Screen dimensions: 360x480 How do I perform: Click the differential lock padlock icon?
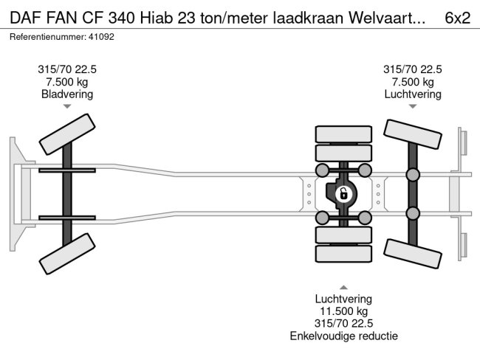[343, 194]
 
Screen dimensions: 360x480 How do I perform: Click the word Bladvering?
[67, 94]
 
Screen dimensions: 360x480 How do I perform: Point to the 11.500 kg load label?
[343, 311]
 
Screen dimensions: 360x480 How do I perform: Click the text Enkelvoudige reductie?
[343, 336]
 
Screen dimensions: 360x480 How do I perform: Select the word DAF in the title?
[26, 18]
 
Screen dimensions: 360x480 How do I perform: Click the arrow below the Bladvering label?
[67, 107]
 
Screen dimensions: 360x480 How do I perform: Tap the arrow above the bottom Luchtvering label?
[343, 287]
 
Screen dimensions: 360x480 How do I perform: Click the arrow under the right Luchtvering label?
[412, 107]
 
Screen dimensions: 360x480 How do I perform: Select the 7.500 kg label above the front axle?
[67, 81]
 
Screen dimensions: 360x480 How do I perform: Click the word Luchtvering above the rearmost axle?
[412, 94]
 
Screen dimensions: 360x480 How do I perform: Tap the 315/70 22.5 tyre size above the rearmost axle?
[412, 69]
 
